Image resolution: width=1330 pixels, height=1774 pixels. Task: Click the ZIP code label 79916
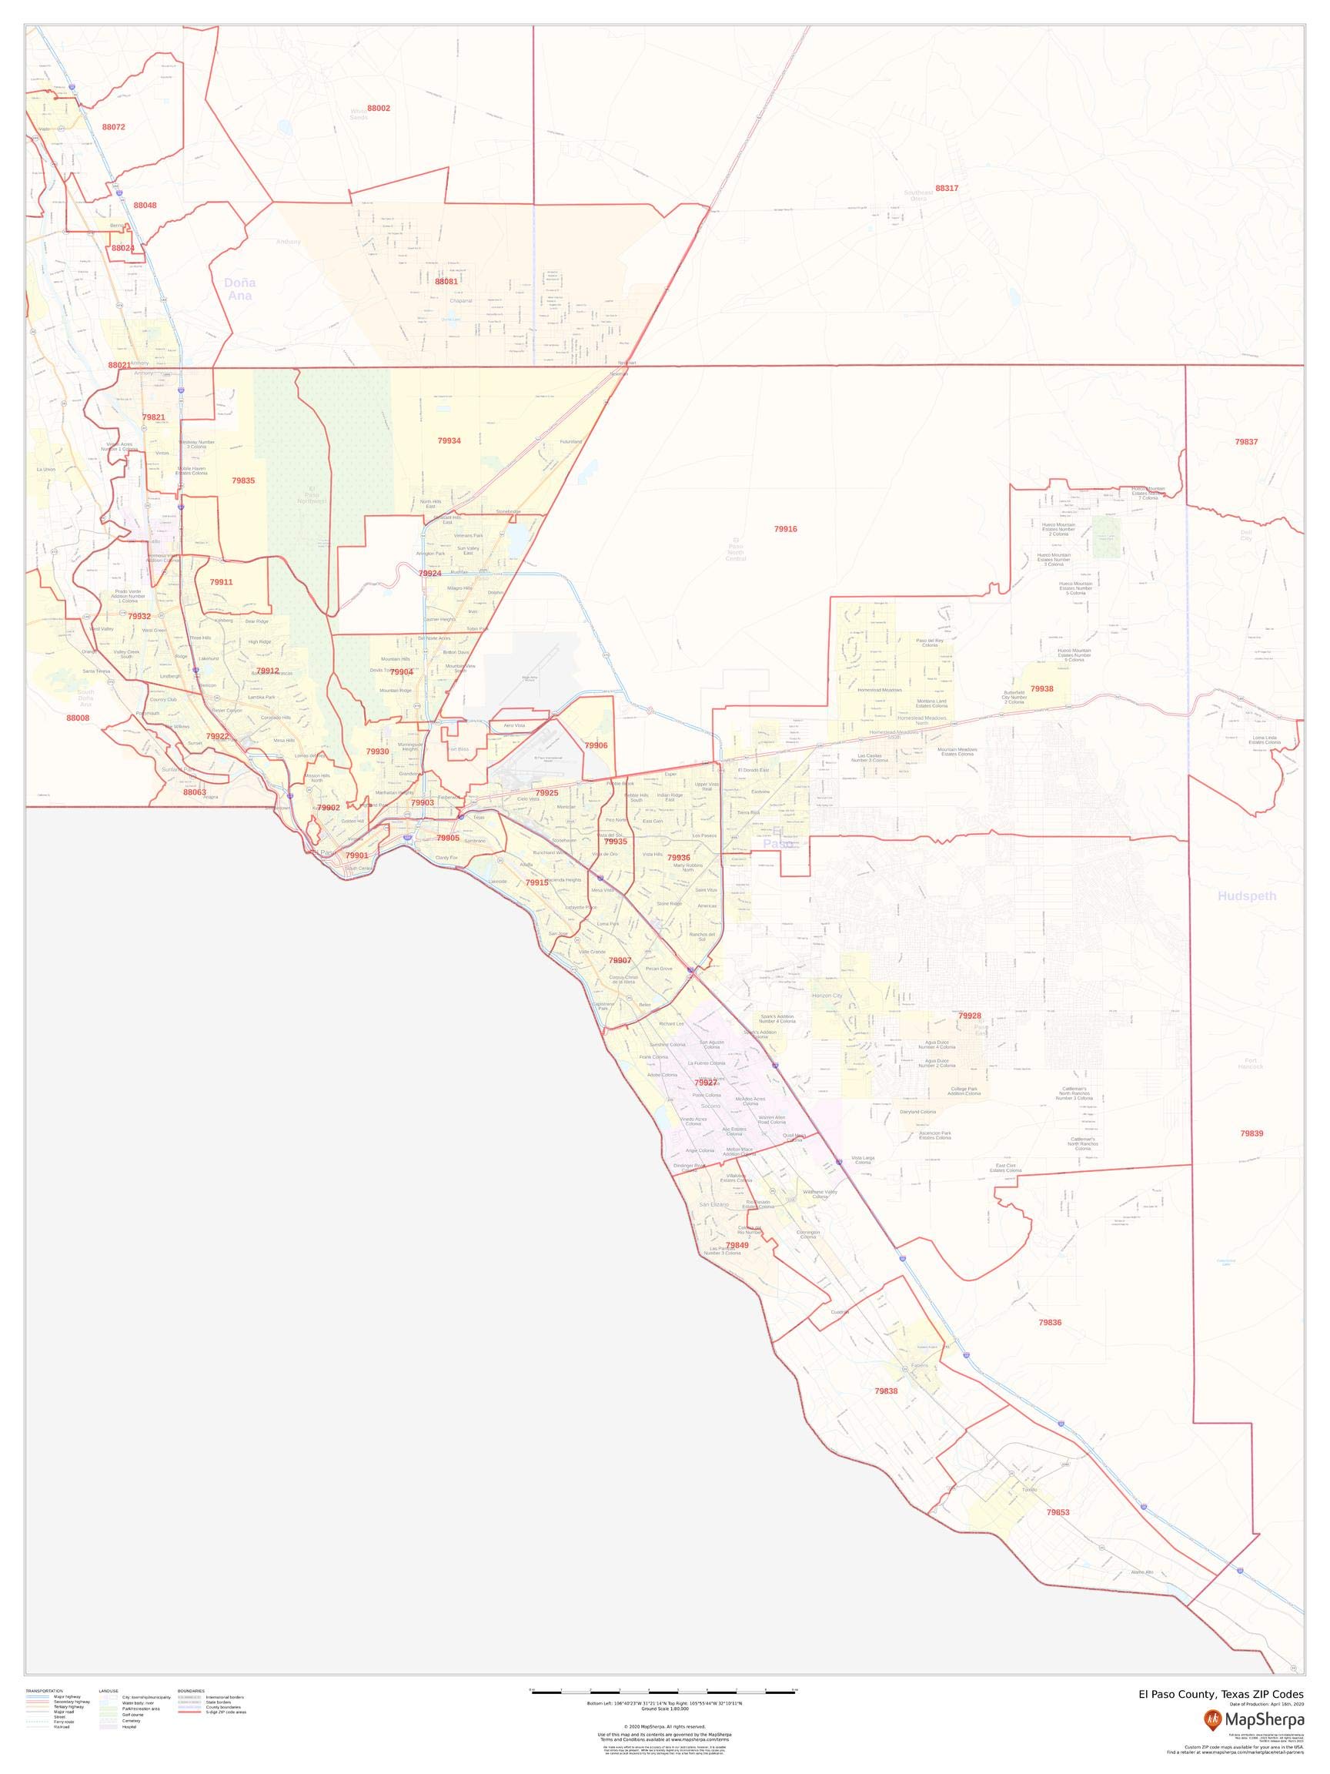(x=785, y=529)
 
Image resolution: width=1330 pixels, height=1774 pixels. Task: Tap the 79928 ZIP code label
(x=969, y=1016)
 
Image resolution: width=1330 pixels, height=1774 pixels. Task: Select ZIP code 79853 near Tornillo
(x=1058, y=1512)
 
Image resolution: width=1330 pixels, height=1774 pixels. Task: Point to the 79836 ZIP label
(x=1049, y=1323)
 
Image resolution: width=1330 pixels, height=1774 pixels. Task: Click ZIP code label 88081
(x=446, y=282)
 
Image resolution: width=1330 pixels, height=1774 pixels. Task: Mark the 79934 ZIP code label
(x=449, y=440)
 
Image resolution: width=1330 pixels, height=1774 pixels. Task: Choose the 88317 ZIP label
(x=946, y=189)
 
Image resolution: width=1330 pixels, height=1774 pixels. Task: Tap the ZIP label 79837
(x=1246, y=442)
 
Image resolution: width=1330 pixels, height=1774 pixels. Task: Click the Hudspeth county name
(x=1246, y=895)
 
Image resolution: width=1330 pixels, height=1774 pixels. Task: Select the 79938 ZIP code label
(x=1041, y=689)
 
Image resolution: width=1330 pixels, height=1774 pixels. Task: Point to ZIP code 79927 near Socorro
(x=705, y=1083)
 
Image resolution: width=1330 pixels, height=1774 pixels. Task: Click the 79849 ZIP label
(x=737, y=1246)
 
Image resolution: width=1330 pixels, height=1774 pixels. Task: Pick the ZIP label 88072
(x=113, y=127)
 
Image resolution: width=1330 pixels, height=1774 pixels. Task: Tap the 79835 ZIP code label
(x=243, y=480)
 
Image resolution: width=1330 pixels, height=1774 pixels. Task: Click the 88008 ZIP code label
(x=78, y=718)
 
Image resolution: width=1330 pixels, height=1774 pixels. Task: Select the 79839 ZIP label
(x=1251, y=1133)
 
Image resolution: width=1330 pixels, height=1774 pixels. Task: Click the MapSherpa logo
(x=1253, y=1719)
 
